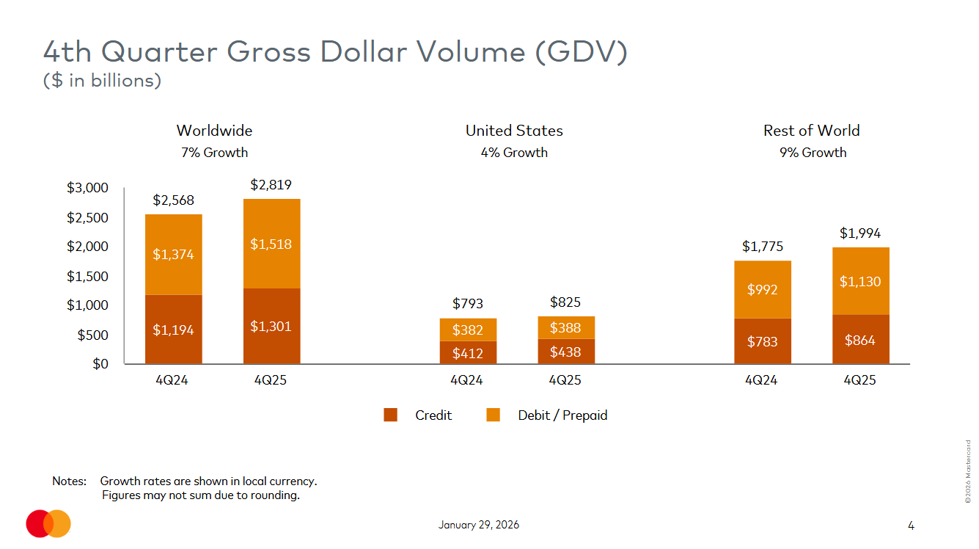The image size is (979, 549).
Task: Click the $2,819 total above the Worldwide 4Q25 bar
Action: (271, 185)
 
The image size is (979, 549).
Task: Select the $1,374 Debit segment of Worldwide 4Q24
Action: (173, 254)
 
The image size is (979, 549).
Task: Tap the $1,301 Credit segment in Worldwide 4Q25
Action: (271, 326)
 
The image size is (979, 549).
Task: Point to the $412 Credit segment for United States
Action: (468, 353)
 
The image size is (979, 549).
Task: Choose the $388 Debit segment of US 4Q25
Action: (565, 328)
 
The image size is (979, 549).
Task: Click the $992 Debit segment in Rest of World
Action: (762, 289)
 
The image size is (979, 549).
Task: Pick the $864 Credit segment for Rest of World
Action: (860, 340)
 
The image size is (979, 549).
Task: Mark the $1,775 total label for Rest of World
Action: (762, 246)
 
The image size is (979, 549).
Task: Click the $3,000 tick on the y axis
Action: (87, 188)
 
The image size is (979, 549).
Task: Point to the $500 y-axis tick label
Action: (92, 335)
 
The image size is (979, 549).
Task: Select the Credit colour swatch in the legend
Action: (391, 415)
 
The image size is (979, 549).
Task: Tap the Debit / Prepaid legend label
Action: (562, 415)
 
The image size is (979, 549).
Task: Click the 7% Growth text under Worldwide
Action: (214, 153)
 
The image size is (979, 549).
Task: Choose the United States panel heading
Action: (514, 131)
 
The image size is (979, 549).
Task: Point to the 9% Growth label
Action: (813, 153)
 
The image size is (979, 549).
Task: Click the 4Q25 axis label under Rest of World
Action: (860, 381)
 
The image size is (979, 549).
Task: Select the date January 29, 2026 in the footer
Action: (479, 525)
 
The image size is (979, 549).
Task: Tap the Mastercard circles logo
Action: (48, 523)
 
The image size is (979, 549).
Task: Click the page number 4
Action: (911, 526)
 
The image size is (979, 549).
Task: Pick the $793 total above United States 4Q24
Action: (468, 303)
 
